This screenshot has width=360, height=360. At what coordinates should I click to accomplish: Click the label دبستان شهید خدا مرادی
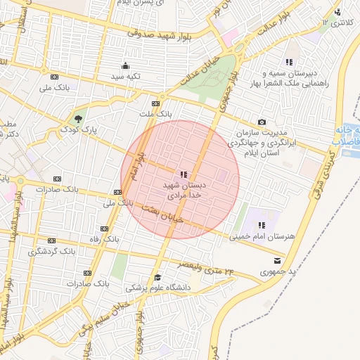click(183, 189)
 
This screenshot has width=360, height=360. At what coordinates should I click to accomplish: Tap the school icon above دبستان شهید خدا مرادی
click(184, 174)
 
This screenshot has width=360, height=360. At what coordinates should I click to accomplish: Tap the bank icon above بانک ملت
click(155, 103)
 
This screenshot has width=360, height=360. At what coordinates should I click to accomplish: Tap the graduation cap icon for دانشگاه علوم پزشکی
click(157, 277)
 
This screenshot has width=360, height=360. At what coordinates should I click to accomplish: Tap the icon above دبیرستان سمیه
click(288, 62)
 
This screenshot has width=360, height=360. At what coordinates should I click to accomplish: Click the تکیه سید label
click(126, 76)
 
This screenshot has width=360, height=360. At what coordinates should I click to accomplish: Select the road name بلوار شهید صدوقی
click(155, 32)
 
